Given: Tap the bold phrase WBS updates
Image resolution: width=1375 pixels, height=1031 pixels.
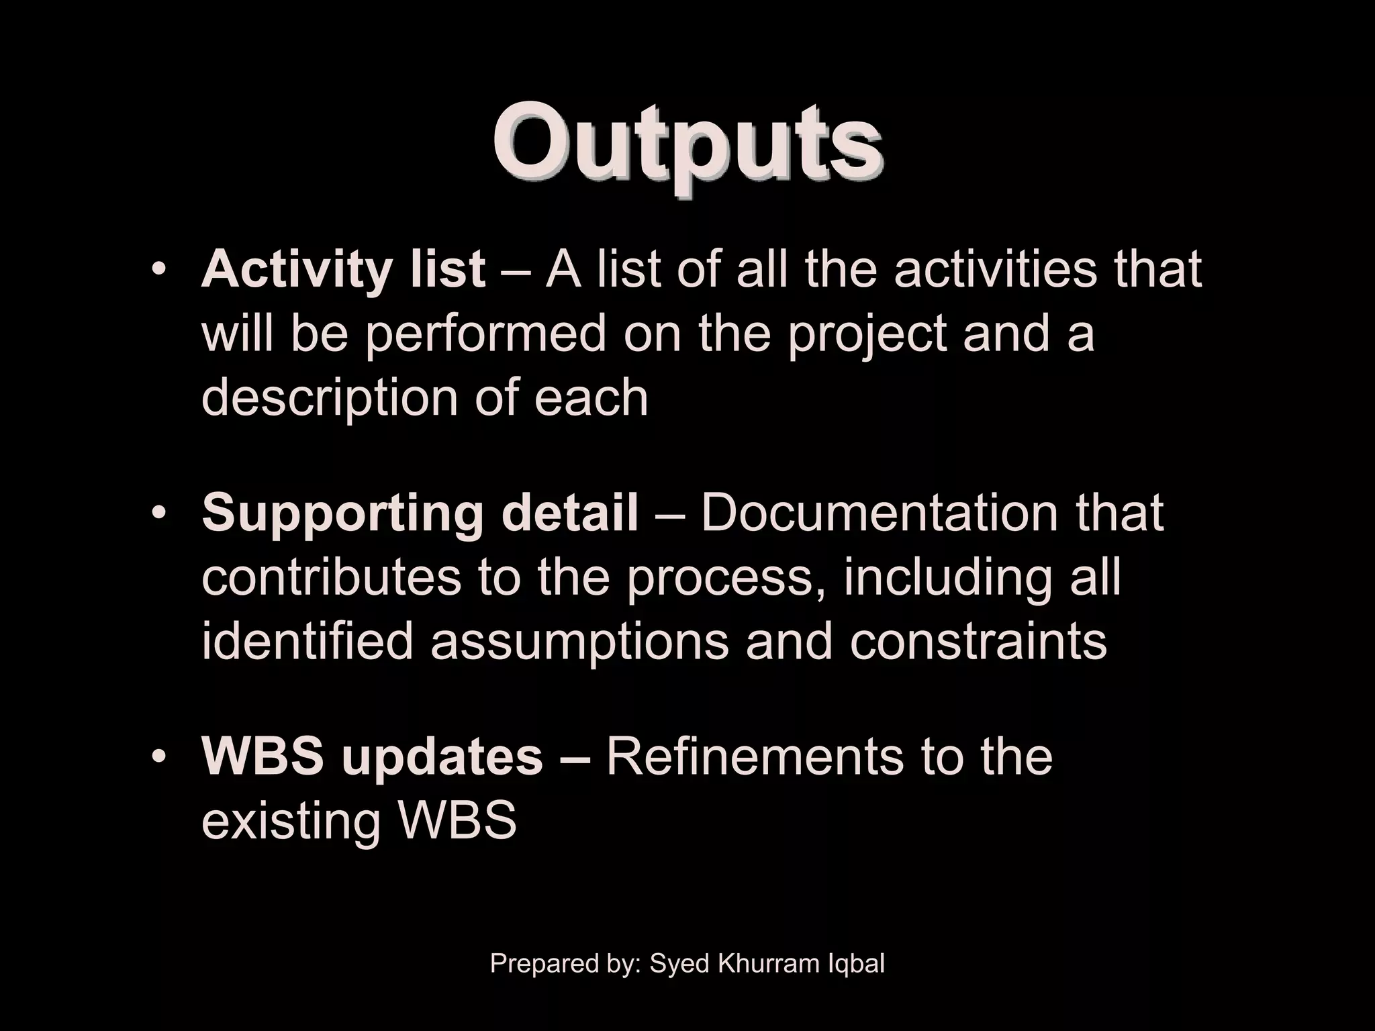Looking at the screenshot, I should click(372, 756).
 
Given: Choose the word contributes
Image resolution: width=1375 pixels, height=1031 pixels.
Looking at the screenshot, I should click(331, 577).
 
